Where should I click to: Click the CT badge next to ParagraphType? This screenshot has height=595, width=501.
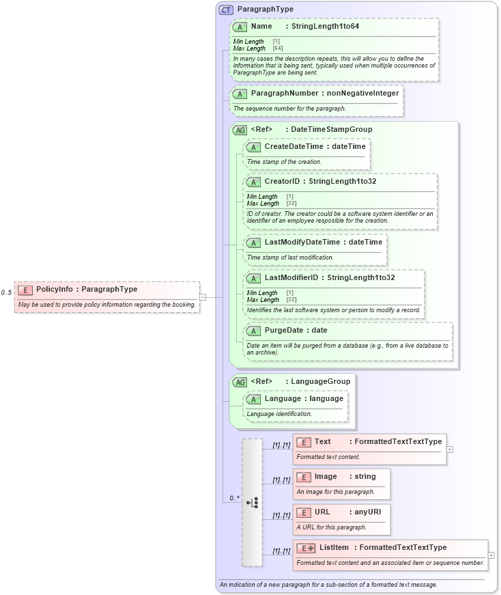pos(226,10)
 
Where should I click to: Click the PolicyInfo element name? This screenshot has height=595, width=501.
pos(55,290)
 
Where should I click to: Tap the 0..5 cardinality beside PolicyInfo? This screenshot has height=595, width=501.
pos(7,293)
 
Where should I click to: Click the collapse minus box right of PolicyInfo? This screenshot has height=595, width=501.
pos(203,296)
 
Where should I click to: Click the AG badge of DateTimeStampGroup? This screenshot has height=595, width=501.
pos(240,130)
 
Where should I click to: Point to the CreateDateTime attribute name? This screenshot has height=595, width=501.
pos(294,146)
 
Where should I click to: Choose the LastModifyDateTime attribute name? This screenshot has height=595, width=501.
pos(302,242)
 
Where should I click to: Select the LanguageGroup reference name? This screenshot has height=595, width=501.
pos(320,381)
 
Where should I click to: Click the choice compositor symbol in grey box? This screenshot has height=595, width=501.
pos(252,502)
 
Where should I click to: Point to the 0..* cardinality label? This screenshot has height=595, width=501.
pos(234,498)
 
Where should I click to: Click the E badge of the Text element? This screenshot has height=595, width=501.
pos(304,442)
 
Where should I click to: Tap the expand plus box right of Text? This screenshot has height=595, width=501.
pos(450,449)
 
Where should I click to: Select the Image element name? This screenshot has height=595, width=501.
pos(326,476)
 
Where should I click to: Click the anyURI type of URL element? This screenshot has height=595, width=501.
pos(367,512)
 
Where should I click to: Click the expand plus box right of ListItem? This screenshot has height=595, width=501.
pos(491,555)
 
